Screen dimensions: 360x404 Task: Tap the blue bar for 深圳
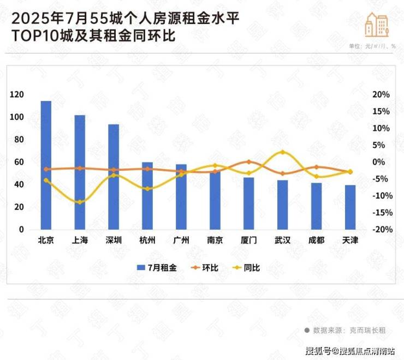click(x=114, y=177)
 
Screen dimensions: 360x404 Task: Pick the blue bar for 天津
click(x=350, y=207)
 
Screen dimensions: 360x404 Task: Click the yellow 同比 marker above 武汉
click(x=282, y=152)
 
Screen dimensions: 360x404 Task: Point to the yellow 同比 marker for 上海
click(x=80, y=202)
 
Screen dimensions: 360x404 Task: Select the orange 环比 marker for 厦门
click(x=248, y=162)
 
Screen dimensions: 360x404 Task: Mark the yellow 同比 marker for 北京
click(x=46, y=180)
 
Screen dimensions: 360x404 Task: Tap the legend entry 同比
click(x=246, y=268)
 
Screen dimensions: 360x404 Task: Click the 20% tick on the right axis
click(x=381, y=95)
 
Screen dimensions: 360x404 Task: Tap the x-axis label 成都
click(x=316, y=240)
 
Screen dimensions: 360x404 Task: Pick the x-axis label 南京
click(x=215, y=240)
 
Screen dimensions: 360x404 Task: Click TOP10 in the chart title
click(x=29, y=37)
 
